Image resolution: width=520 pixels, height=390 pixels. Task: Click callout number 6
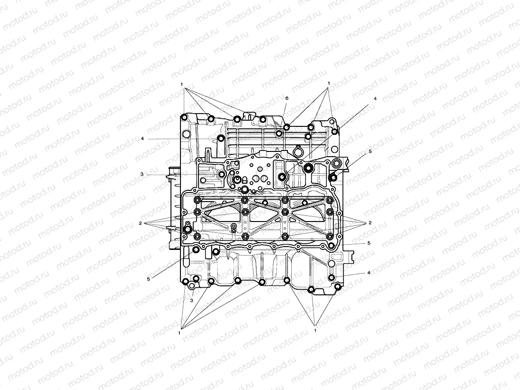287,98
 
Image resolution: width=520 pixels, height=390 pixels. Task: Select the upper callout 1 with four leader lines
181,84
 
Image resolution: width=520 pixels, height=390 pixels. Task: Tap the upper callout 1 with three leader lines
329,83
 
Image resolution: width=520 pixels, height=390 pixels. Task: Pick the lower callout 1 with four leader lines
179,333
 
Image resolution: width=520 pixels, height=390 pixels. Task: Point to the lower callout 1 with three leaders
315,331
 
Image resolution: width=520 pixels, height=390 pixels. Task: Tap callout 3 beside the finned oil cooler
142,174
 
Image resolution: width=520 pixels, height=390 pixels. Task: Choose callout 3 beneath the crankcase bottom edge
192,300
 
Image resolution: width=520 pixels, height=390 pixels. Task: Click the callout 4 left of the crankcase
142,139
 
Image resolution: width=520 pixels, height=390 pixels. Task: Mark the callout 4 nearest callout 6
375,98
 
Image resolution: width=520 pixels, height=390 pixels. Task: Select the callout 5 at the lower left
148,279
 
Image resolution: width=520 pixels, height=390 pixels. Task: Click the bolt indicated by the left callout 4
221,138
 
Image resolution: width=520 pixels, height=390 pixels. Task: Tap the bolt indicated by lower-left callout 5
195,250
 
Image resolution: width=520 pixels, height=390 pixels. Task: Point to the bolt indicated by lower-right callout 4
332,277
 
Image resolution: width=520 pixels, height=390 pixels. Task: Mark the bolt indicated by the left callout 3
221,176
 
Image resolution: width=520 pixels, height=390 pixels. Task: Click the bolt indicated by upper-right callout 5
333,177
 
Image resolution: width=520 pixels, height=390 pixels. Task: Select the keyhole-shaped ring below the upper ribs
297,152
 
